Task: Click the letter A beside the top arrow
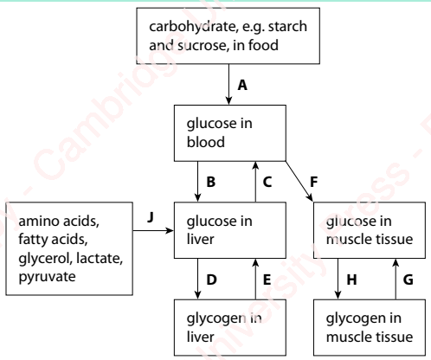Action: (x=242, y=85)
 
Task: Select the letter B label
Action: (x=211, y=182)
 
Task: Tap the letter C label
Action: (x=267, y=182)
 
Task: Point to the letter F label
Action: (x=313, y=182)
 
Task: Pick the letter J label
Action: (x=151, y=217)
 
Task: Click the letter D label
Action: (x=211, y=280)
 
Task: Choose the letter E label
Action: (x=267, y=280)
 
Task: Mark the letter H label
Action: (x=351, y=280)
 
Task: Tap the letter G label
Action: (x=408, y=280)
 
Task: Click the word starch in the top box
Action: (x=287, y=27)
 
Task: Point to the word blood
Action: (x=206, y=142)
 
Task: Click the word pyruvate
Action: (x=47, y=277)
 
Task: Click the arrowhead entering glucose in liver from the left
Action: (x=170, y=230)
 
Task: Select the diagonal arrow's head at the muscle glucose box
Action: (x=310, y=197)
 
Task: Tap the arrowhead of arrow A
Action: (x=228, y=100)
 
